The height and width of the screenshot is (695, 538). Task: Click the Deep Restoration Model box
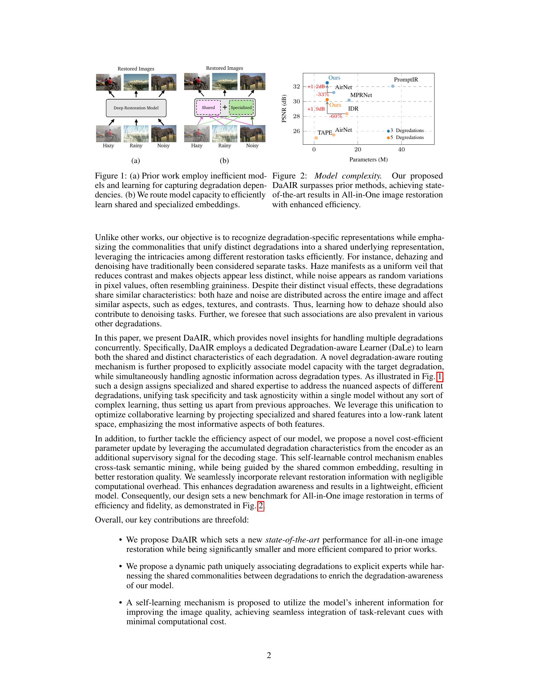pyautogui.click(x=136, y=108)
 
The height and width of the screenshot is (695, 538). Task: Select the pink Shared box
pyautogui.click(x=208, y=107)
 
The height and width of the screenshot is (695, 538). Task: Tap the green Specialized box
pyautogui.click(x=241, y=107)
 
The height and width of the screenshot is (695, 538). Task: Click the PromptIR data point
pyautogui.click(x=393, y=86)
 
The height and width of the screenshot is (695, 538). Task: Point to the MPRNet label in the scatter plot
pyautogui.click(x=361, y=95)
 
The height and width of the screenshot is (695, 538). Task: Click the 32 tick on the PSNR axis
pyautogui.click(x=297, y=87)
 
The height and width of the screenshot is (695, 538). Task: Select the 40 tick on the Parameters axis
pyautogui.click(x=401, y=149)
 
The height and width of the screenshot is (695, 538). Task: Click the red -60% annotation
pyautogui.click(x=335, y=117)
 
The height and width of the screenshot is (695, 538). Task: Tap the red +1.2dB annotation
pyautogui.click(x=316, y=87)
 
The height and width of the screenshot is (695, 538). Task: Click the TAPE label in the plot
pyautogui.click(x=325, y=133)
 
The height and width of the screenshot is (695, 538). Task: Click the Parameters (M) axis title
pyautogui.click(x=368, y=160)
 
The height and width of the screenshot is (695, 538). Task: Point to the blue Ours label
pyautogui.click(x=334, y=78)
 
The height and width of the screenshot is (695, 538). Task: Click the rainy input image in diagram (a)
pyautogui.click(x=136, y=134)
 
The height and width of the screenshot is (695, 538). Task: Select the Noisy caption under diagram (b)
pyautogui.click(x=252, y=146)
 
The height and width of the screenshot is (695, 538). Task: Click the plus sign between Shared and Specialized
pyautogui.click(x=225, y=107)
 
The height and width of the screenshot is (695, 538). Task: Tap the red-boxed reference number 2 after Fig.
pyautogui.click(x=261, y=506)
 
